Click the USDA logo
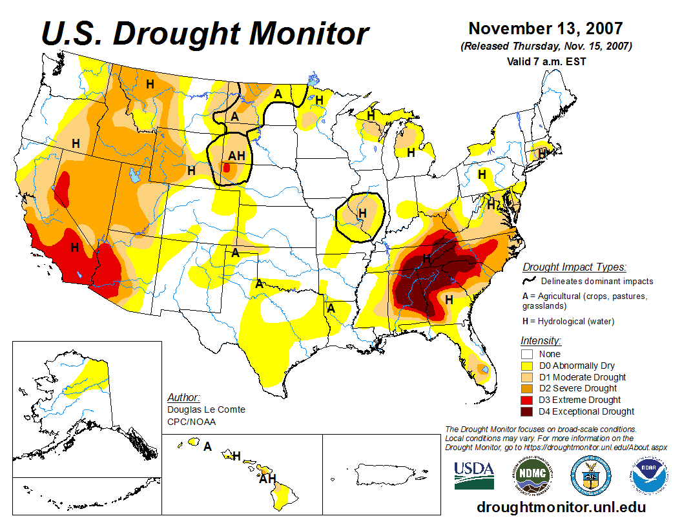(474, 475)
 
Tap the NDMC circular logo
(533, 475)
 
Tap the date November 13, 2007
(546, 28)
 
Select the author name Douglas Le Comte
(206, 409)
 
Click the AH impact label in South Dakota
(237, 155)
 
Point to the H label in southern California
(75, 247)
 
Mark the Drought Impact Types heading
(574, 267)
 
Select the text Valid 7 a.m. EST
(546, 61)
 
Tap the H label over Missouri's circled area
(362, 212)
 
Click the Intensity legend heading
(541, 340)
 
